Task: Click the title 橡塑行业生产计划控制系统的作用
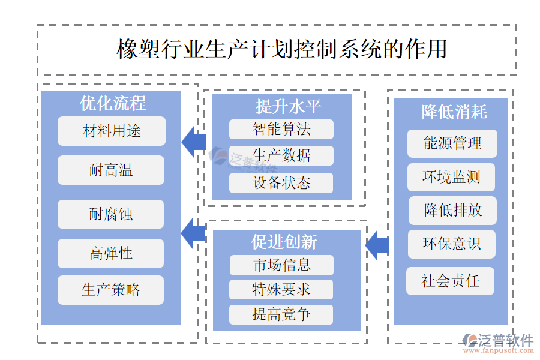pyautogui.click(x=281, y=49)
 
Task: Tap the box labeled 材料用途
pyautogui.click(x=112, y=131)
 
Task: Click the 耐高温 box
pyautogui.click(x=111, y=170)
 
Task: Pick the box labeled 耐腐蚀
pyautogui.click(x=111, y=214)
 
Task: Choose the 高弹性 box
pyautogui.click(x=111, y=253)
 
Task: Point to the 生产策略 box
pyautogui.click(x=111, y=290)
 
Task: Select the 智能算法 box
pyautogui.click(x=281, y=129)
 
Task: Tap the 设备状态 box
pyautogui.click(x=281, y=183)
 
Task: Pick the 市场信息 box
pyautogui.click(x=281, y=265)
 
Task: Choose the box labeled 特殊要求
pyautogui.click(x=281, y=289)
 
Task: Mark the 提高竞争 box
pyautogui.click(x=281, y=314)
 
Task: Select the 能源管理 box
pyautogui.click(x=452, y=143)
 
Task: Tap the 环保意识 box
pyautogui.click(x=452, y=244)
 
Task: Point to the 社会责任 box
pyautogui.click(x=450, y=281)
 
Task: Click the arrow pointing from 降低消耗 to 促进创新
pyautogui.click(x=377, y=245)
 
